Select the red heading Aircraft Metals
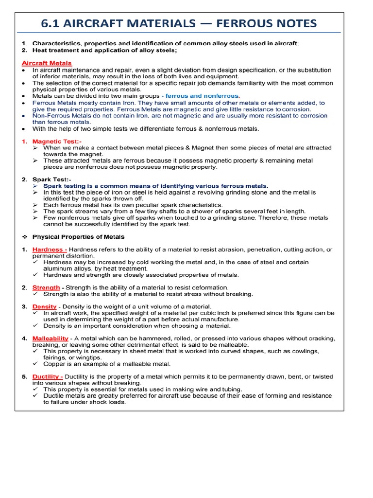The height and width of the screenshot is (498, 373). [47, 63]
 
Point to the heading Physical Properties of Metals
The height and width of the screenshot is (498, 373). [78, 237]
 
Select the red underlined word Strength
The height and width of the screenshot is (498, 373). [46, 287]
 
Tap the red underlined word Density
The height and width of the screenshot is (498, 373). [45, 306]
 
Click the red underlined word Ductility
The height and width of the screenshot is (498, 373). [47, 376]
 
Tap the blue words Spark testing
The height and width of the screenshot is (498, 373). [67, 186]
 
